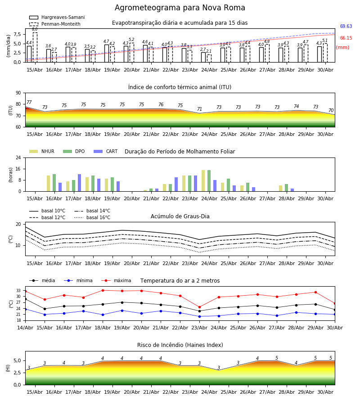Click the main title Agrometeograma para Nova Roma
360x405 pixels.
180,8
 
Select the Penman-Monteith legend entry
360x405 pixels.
55,24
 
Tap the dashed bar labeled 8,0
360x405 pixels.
35,47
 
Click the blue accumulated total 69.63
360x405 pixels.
346,26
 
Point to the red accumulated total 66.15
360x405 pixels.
346,38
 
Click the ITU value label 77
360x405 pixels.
29,102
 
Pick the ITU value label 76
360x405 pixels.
161,104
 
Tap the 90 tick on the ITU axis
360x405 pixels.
18,93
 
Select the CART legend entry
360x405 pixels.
106,151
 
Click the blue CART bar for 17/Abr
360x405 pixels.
79,183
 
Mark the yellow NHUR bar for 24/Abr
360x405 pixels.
203,181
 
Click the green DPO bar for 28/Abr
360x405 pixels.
286,188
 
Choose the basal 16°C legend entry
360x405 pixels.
92,217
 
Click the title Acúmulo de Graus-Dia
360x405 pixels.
180,216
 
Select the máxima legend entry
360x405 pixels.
116,280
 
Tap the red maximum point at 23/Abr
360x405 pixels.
199,307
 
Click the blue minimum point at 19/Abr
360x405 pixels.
122,310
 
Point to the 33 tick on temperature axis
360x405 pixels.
18,291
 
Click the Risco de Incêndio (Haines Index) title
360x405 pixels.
180,345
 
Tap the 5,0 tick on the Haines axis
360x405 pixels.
17,360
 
